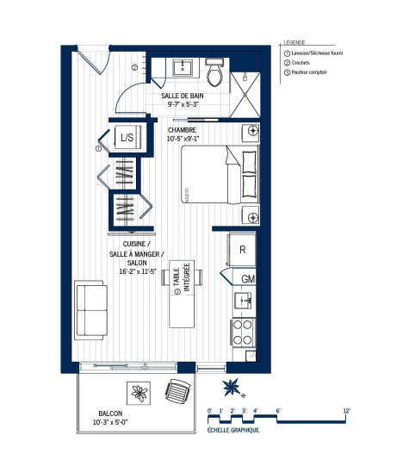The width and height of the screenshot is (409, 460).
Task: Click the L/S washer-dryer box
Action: (127, 138)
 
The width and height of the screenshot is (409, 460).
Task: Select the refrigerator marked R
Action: (243, 249)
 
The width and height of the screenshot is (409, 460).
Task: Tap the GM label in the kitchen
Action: (247, 279)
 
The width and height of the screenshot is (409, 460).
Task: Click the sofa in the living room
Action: (90, 309)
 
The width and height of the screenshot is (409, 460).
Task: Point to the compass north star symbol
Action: (230, 385)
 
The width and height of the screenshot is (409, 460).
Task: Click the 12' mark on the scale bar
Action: (346, 411)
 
